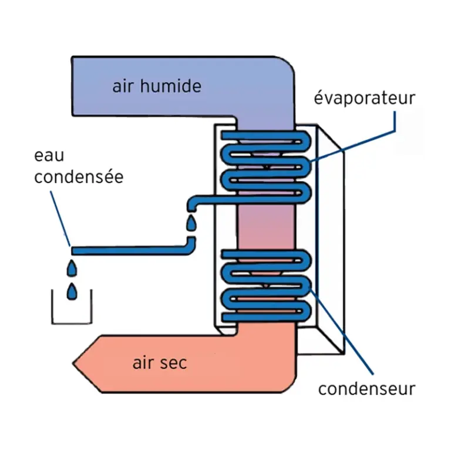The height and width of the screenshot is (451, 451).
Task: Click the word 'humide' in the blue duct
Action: click(x=173, y=86)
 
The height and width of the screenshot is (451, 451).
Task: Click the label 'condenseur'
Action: click(x=367, y=388)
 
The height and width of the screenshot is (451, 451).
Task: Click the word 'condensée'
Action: click(x=79, y=176)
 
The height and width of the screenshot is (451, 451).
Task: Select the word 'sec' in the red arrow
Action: click(x=173, y=362)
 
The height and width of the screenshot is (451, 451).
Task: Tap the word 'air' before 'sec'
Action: click(x=143, y=362)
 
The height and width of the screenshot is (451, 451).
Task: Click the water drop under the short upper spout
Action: click(x=191, y=223)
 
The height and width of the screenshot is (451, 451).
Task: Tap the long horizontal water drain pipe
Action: click(x=129, y=251)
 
